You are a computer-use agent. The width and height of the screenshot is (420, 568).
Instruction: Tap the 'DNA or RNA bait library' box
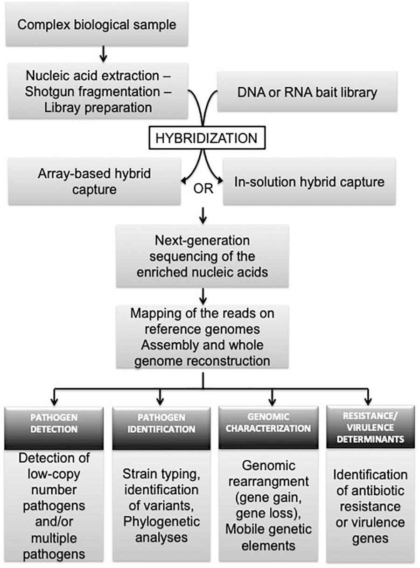coord(307,92)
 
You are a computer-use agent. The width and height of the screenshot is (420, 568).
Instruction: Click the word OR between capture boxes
coord(203,190)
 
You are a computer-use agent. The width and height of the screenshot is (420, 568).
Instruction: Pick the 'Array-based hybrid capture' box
coord(94,181)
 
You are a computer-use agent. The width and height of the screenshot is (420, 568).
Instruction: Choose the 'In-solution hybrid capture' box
coord(309,181)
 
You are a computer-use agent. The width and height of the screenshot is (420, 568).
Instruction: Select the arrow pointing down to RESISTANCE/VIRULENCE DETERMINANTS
coord(368,397)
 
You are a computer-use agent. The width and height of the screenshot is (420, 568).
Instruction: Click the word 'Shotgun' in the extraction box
coord(51,91)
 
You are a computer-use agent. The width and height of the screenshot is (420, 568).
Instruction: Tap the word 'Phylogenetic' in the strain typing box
coord(161,521)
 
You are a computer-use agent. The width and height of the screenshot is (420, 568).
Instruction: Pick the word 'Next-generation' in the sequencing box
coord(203,241)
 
